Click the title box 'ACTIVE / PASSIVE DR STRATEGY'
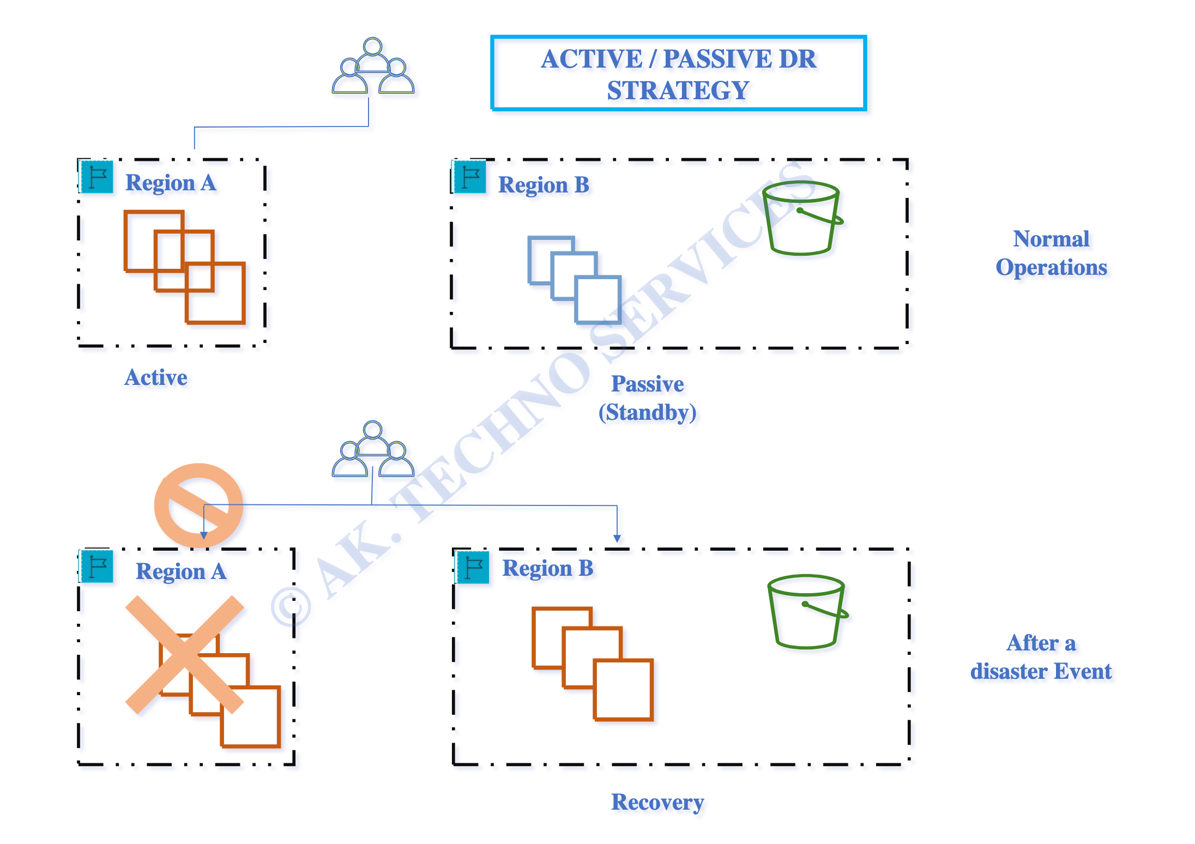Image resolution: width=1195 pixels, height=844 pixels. click(678, 73)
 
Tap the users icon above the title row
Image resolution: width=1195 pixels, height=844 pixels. click(373, 66)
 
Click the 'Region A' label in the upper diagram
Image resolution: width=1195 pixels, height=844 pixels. click(171, 183)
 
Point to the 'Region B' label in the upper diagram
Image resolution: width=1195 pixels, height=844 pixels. click(544, 185)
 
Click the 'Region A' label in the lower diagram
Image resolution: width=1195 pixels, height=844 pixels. click(181, 572)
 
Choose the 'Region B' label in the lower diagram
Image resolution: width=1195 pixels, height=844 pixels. click(547, 569)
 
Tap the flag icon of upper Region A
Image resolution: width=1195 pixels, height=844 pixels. click(97, 177)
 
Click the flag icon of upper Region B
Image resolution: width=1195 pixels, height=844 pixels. click(470, 177)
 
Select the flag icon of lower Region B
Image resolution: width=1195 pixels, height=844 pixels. click(473, 567)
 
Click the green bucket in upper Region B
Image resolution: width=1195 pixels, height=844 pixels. click(802, 218)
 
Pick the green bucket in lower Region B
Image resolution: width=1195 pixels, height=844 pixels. click(807, 611)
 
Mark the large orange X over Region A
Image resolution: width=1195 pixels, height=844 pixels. click(184, 655)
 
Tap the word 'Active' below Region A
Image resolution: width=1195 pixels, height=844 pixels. click(156, 377)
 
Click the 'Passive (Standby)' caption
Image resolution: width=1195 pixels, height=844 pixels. click(648, 398)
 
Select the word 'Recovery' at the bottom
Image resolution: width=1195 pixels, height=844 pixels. click(657, 803)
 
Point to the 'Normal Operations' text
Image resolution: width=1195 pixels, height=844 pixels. click(1051, 253)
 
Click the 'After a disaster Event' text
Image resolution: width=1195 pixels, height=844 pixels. click(1041, 657)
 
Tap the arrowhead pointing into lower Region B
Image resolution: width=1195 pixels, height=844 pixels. click(617, 539)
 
